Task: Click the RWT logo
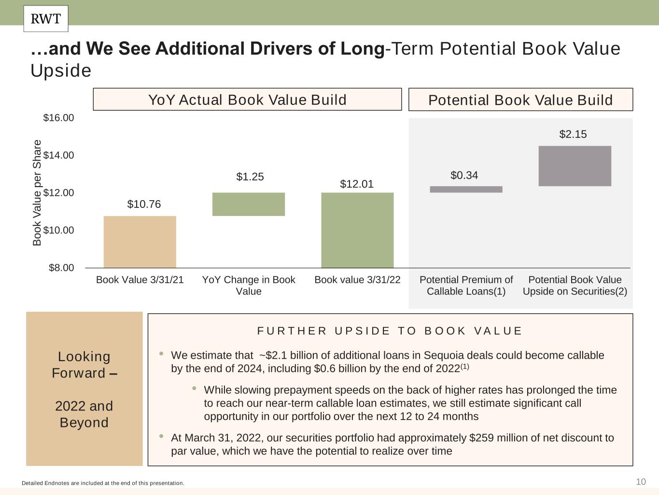pos(46,19)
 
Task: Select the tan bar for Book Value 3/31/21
pos(140,242)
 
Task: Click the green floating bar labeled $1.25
pos(249,204)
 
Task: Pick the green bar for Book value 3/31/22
pos(357,230)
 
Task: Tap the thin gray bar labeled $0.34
pos(466,189)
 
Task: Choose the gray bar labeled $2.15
pos(575,166)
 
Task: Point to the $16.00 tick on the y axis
pos(58,118)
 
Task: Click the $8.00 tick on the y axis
pos(61,268)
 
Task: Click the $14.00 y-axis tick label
pos(58,155)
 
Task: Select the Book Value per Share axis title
pos(37,192)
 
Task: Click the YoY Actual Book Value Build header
pos(247,100)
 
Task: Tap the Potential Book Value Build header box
pos(520,100)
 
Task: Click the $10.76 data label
pos(144,204)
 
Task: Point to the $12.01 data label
pos(357,184)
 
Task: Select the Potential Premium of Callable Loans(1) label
pos(466,286)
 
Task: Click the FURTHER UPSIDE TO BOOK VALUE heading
pos(390,331)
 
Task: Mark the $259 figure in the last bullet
pos(479,438)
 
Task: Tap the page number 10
pos(641,482)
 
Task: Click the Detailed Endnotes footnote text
pos(103,483)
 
